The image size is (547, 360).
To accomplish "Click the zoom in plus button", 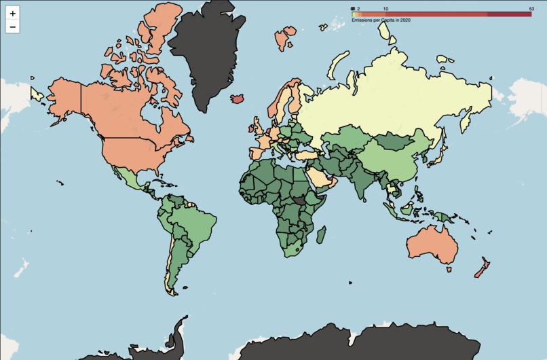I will (13, 14).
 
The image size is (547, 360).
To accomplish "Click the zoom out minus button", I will (13, 27).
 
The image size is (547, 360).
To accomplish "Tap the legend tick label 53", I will (531, 8).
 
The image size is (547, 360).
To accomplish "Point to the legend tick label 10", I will (386, 8).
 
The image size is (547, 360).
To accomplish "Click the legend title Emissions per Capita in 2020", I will (381, 20).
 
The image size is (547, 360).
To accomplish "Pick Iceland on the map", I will (238, 98).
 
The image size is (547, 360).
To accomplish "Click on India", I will (365, 180).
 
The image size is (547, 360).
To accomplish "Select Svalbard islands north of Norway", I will (285, 38).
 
